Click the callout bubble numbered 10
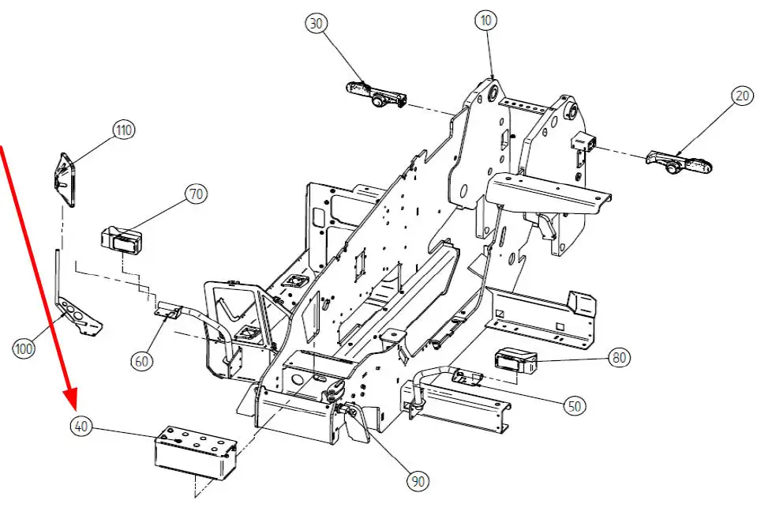[x=486, y=21]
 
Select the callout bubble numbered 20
[x=743, y=96]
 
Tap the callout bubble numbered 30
[x=317, y=23]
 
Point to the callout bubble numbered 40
[x=81, y=426]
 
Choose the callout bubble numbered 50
[x=575, y=406]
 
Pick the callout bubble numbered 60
[x=141, y=361]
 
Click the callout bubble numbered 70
[x=196, y=194]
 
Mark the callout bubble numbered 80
[x=619, y=357]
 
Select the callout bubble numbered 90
[x=418, y=480]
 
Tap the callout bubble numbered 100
[x=23, y=349]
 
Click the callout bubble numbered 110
[x=123, y=130]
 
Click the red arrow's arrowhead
[x=71, y=400]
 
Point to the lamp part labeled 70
[x=122, y=241]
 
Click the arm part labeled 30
[x=377, y=94]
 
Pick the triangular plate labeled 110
[x=65, y=179]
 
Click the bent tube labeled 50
[x=445, y=382]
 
